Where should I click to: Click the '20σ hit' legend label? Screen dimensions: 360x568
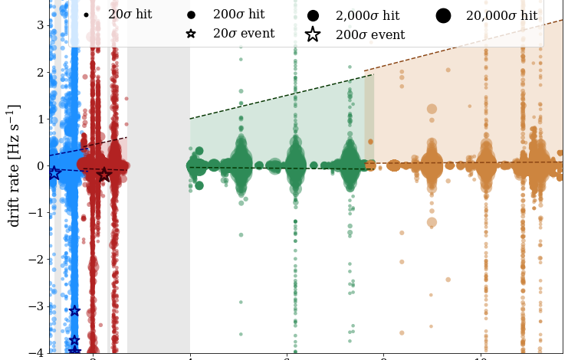pyautogui.click(x=130, y=15)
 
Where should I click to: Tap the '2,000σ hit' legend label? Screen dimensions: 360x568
pyautogui.click(x=368, y=15)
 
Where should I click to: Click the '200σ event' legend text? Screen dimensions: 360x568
pyautogui.click(x=370, y=34)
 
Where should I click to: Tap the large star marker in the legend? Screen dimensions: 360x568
pyautogui.click(x=313, y=34)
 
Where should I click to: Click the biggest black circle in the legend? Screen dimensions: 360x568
pyautogui.click(x=443, y=15)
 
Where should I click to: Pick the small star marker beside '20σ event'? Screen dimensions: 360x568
pyautogui.click(x=191, y=34)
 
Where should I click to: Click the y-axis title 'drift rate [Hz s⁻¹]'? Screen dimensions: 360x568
pyautogui.click(x=15, y=165)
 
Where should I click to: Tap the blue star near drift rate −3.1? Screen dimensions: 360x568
pyautogui.click(x=74, y=310)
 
